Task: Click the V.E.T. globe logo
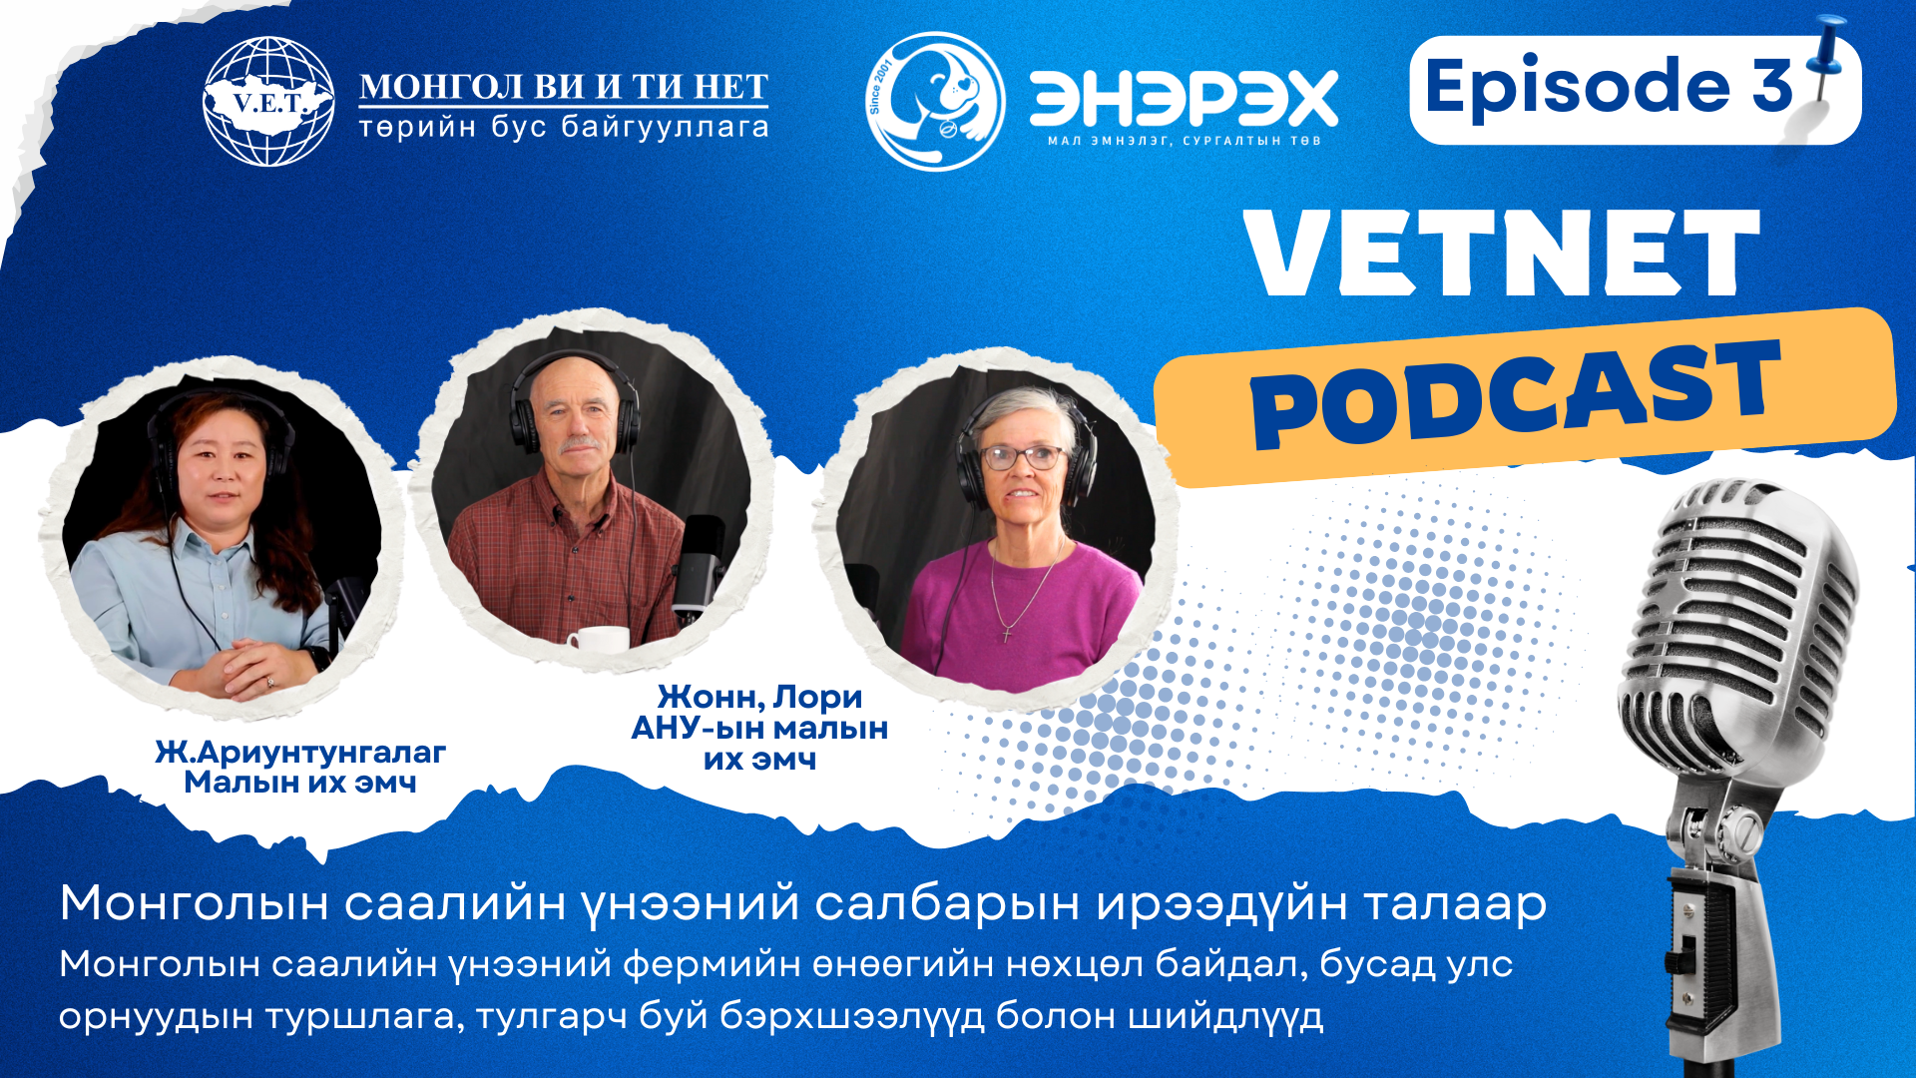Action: [x=268, y=102]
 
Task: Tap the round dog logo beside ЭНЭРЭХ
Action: [x=935, y=101]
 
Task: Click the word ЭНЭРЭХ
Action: [x=1184, y=98]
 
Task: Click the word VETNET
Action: [x=1503, y=253]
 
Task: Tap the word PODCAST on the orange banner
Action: [x=1517, y=393]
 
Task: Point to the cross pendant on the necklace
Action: [x=1007, y=632]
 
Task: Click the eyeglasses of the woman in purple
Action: [x=1023, y=457]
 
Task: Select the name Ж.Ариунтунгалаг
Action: [x=300, y=753]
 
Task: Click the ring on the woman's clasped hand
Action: [x=269, y=682]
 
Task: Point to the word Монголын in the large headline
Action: [x=195, y=904]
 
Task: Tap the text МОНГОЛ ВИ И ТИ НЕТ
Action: [x=564, y=87]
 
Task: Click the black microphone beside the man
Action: [x=703, y=566]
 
